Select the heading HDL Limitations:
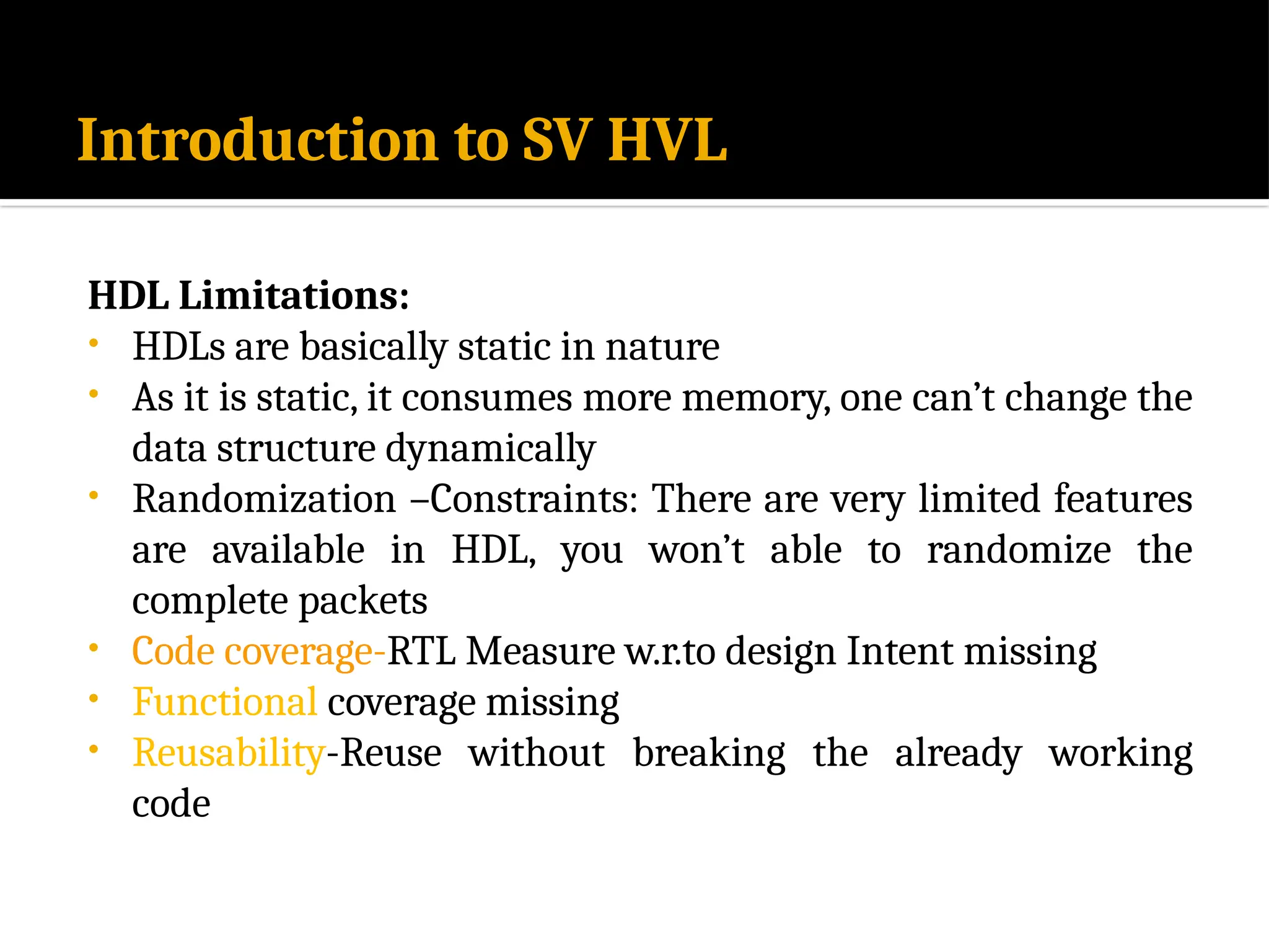(x=248, y=295)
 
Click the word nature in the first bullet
(x=662, y=346)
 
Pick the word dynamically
(x=490, y=449)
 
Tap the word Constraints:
(x=534, y=499)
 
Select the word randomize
(x=1019, y=550)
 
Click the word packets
(x=363, y=601)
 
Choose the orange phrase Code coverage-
(x=259, y=652)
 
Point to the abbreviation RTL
(x=421, y=652)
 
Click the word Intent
(x=899, y=652)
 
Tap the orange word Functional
(x=225, y=703)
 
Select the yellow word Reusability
(x=229, y=754)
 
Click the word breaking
(x=709, y=754)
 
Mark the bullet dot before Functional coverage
(x=94, y=699)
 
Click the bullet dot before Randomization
(x=94, y=495)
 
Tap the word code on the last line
(x=171, y=804)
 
